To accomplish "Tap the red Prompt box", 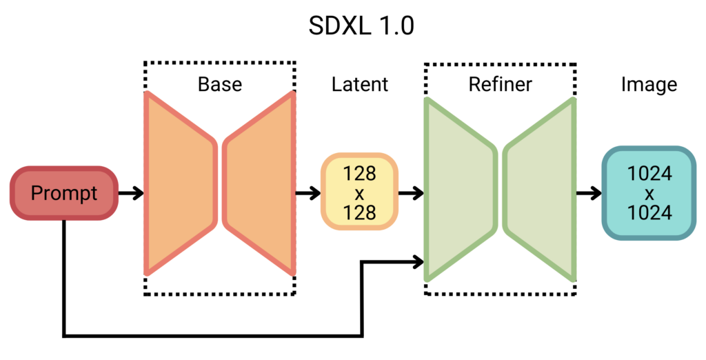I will click(x=64, y=193).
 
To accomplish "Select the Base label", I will click(x=220, y=84).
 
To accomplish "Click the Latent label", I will click(x=360, y=84).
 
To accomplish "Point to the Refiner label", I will click(x=500, y=84).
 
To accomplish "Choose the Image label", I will click(x=649, y=84).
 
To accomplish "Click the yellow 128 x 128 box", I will click(x=360, y=192).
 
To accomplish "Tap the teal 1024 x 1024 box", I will click(x=649, y=193).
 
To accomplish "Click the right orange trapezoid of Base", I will click(x=259, y=183).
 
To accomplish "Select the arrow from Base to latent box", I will click(x=308, y=193).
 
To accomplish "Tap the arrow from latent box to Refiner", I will click(x=412, y=193).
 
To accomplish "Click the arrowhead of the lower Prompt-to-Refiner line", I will click(x=418, y=261).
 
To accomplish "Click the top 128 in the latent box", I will click(x=360, y=172).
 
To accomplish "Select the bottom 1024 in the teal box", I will click(x=649, y=213).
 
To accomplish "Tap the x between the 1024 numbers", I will click(x=649, y=193).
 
